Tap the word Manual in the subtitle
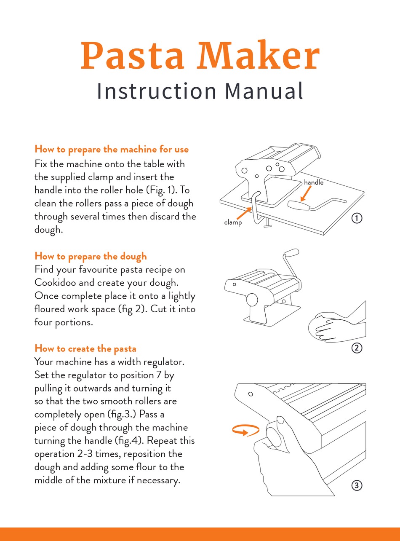264,91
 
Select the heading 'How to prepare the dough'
91,256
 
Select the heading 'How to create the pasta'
85,348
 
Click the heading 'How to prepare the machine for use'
112,149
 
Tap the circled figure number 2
356,348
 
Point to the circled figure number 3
356,485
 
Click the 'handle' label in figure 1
313,182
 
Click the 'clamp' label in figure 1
233,222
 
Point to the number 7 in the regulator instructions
166,375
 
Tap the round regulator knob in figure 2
252,300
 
